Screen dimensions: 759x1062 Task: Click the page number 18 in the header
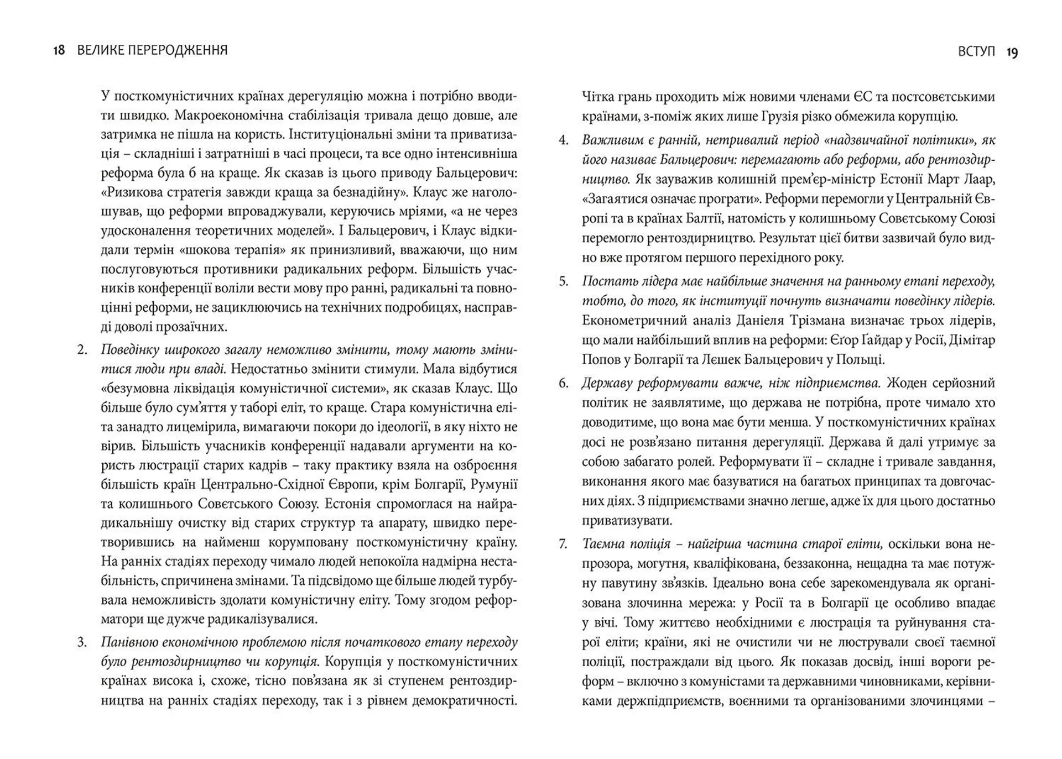[x=59, y=50]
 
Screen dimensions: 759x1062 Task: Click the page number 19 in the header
[x=1012, y=53]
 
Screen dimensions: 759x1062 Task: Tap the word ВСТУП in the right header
[x=976, y=52]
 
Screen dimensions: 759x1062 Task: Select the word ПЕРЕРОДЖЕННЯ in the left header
[x=178, y=50]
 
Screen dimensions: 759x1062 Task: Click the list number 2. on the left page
[x=82, y=350]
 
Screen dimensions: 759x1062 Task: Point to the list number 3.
[x=82, y=642]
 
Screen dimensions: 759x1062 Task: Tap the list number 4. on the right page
[x=563, y=140]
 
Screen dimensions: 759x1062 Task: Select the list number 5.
[x=563, y=281]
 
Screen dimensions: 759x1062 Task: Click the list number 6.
[x=563, y=383]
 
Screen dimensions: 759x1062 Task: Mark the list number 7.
[x=563, y=544]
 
